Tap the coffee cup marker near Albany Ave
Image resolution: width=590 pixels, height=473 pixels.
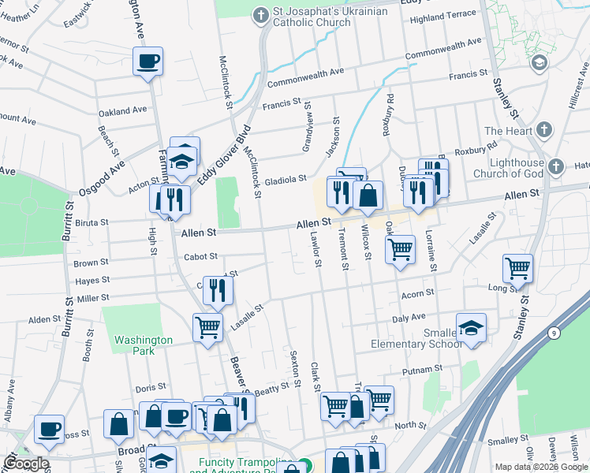coord(50,429)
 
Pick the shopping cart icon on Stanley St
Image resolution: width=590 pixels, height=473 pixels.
coord(517,268)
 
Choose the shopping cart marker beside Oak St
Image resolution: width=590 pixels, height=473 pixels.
coord(401,249)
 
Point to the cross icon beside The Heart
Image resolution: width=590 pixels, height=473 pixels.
coord(543,130)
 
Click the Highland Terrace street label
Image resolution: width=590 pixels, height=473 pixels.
coord(443,15)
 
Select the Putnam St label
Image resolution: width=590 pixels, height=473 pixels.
coord(422,370)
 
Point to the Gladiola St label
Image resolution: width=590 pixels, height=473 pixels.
coord(286,180)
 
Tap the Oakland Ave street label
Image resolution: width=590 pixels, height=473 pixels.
coord(124,111)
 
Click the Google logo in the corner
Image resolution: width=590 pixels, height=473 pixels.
coord(25,464)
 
